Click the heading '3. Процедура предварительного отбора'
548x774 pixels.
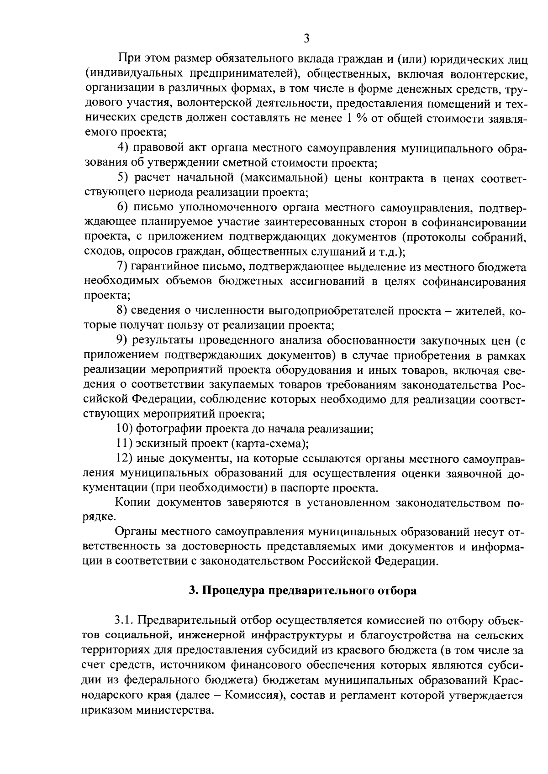(x=303, y=590)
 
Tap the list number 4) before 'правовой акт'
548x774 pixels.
(x=123, y=148)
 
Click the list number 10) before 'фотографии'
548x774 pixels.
(x=125, y=429)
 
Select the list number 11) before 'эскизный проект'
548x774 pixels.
(x=125, y=444)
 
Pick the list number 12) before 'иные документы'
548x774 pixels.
(x=125, y=459)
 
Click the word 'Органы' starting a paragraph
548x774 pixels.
(x=136, y=532)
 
